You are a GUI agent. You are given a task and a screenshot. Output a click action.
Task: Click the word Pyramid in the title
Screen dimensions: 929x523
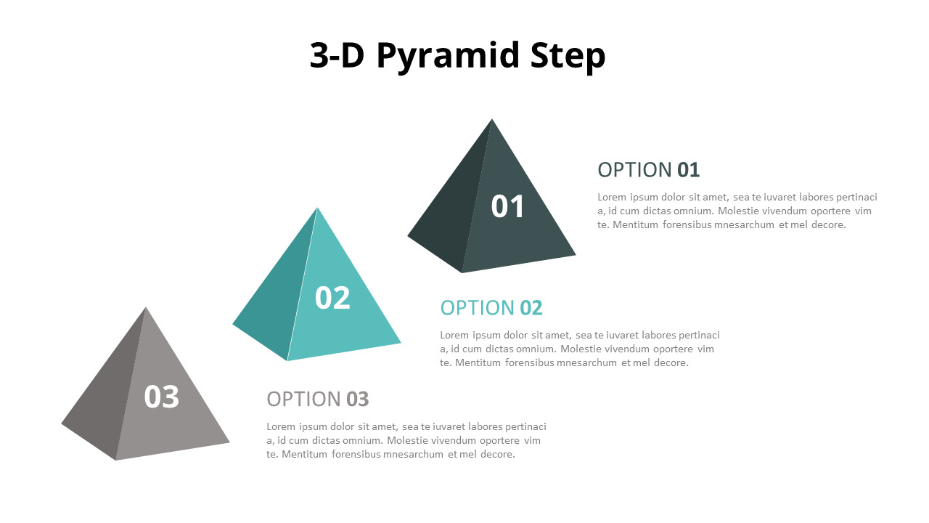coord(448,57)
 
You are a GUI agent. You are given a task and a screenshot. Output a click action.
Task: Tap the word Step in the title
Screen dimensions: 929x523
coord(568,57)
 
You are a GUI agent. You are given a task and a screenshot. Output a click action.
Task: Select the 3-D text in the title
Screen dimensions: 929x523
coord(337,55)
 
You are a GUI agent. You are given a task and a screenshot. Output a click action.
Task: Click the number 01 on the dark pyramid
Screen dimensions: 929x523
coord(507,206)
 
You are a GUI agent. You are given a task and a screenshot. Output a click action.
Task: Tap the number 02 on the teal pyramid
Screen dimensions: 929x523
coord(332,298)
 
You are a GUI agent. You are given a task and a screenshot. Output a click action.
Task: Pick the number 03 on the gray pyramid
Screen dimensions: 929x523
coord(161,397)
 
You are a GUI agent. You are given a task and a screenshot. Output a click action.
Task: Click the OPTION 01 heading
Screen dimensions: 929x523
coord(649,170)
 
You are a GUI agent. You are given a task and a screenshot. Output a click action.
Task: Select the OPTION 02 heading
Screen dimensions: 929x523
coord(491,307)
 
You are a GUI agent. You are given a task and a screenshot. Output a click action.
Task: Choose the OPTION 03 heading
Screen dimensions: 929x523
coord(318,399)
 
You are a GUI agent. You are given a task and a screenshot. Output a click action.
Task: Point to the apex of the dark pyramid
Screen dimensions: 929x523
coord(492,119)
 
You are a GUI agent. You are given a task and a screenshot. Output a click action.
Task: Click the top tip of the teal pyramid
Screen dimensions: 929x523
coord(317,208)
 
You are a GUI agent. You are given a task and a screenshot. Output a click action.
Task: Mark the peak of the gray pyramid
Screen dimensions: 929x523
coord(146,307)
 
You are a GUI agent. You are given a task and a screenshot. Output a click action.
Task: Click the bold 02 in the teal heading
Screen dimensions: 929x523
coord(531,308)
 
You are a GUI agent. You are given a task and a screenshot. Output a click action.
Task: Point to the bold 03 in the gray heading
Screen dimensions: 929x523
coord(358,400)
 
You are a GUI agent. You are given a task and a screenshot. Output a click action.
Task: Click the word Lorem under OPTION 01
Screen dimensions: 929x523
coord(612,197)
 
